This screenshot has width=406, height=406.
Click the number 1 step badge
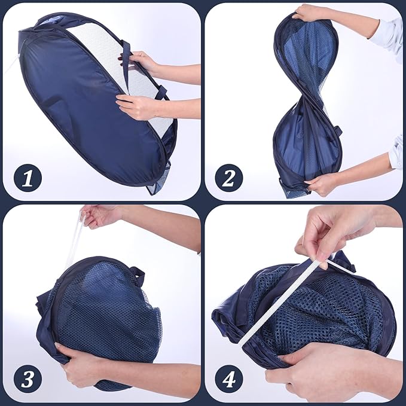28,178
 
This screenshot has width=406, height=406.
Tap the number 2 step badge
229,178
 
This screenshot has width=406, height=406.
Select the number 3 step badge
28,379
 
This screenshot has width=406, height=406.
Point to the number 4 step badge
229,379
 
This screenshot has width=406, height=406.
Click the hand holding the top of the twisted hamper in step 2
308,14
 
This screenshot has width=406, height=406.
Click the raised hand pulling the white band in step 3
100,217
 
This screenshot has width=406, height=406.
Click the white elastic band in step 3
74,238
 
